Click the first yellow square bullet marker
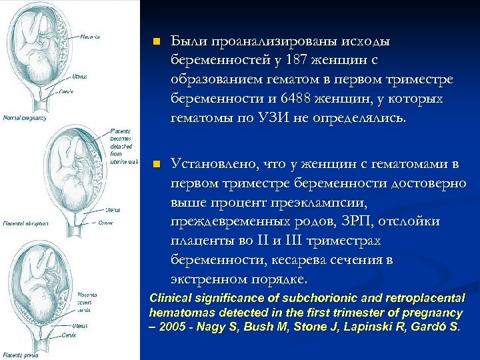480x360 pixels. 156,42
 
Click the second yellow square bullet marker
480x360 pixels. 156,163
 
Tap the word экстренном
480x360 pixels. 213,278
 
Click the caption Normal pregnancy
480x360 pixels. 25,118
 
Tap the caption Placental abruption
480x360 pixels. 25,223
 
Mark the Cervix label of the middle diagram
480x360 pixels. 105,223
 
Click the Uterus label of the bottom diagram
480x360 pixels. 81,326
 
